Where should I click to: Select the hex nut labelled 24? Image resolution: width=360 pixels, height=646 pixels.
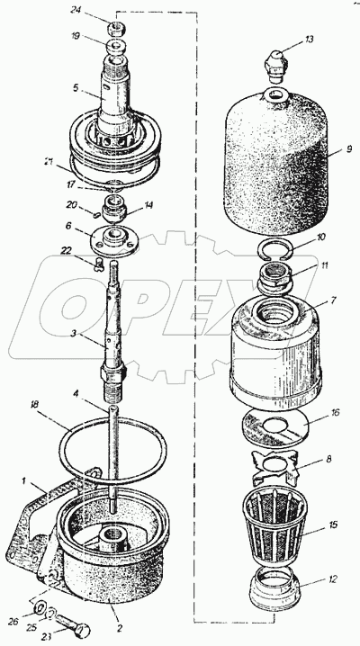point(117,30)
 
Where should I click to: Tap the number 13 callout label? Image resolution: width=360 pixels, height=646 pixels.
point(310,40)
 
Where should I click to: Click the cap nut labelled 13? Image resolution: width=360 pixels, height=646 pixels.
point(276,67)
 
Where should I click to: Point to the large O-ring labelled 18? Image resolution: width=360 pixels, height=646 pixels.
point(113,450)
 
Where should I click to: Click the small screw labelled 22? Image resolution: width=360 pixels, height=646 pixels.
point(98,265)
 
